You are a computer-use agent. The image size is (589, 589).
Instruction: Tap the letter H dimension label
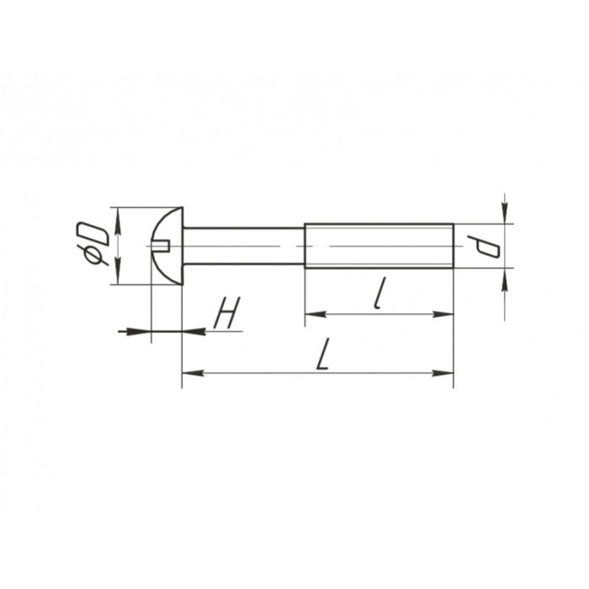pyautogui.click(x=227, y=312)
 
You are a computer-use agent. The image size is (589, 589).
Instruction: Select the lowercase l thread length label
pyautogui.click(x=380, y=294)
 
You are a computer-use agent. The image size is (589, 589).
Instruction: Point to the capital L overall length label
pyautogui.click(x=323, y=353)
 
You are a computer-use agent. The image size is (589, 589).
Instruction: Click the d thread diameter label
pyautogui.click(x=484, y=247)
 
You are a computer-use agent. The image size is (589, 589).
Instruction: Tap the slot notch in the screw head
pyautogui.click(x=162, y=247)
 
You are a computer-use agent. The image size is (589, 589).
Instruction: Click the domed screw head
pyautogui.click(x=167, y=246)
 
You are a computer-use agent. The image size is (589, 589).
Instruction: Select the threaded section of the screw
pyautogui.click(x=379, y=246)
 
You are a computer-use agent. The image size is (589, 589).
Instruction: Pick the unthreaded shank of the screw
pyautogui.click(x=243, y=246)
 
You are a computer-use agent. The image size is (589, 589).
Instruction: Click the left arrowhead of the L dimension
pyautogui.click(x=193, y=373)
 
